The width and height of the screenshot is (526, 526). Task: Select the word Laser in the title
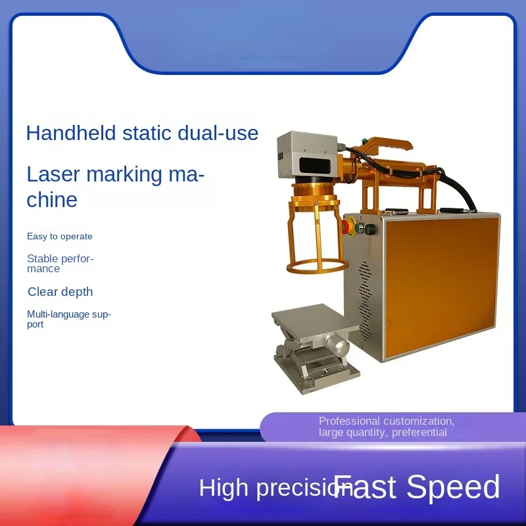[x=53, y=175]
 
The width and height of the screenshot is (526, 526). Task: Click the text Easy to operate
[x=60, y=237]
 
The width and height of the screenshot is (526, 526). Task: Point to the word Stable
[x=43, y=258]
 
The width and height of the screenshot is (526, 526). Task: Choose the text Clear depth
[x=60, y=292]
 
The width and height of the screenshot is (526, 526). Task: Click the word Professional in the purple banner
[x=349, y=421]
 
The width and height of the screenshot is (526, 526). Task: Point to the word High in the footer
[x=224, y=489]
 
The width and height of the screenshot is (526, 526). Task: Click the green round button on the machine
[x=370, y=230]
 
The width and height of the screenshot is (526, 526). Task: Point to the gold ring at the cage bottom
[x=316, y=266]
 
